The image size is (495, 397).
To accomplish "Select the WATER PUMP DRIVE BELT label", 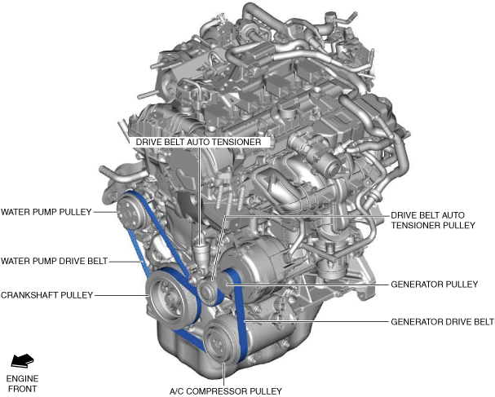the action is [54, 261].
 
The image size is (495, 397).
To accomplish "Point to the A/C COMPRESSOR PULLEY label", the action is [225, 390].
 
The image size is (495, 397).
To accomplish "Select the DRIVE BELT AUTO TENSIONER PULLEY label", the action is [431, 220].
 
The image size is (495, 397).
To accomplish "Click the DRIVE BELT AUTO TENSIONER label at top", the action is [199, 141].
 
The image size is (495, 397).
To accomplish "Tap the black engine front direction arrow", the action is [21, 360].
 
